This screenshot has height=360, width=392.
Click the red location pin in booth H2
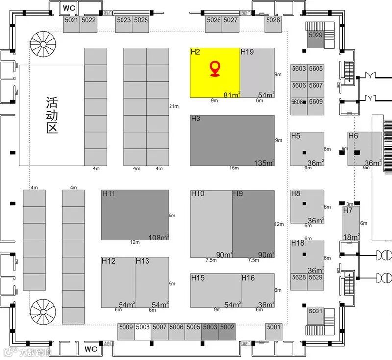coord(215,69)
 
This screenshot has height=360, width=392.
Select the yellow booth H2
coord(206,83)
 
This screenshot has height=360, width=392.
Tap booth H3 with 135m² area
coord(232,140)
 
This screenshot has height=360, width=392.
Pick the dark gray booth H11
coord(135,215)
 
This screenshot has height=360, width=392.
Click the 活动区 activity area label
coord(51,116)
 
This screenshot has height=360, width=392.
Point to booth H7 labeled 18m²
coord(351,223)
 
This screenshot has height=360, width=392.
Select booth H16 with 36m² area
coord(258,291)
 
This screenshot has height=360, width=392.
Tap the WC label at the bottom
coord(91,349)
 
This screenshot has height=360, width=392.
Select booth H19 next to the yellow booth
coord(257,72)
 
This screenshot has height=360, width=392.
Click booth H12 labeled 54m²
coord(118,283)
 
